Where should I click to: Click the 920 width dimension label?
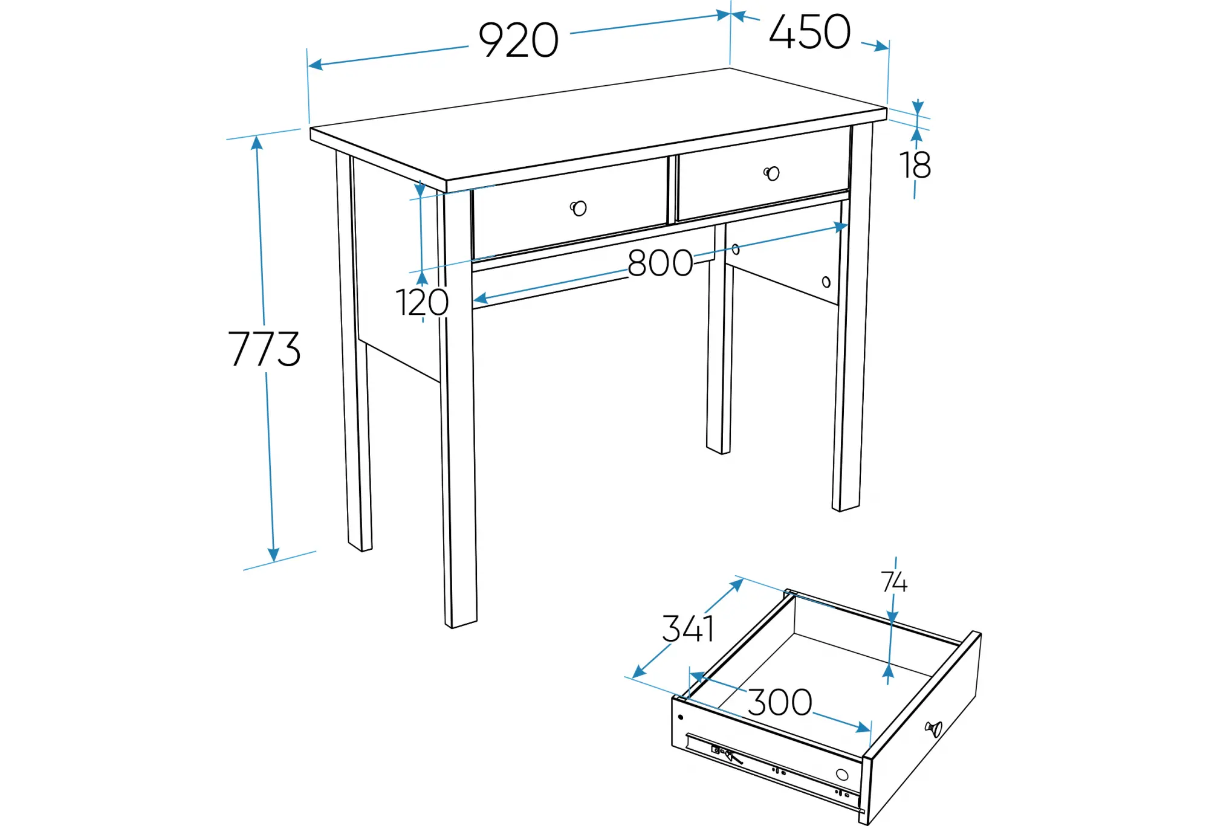click(519, 40)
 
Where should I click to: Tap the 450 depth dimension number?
click(810, 32)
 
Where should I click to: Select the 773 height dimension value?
click(264, 349)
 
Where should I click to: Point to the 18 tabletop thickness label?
click(915, 165)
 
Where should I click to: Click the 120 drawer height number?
click(422, 302)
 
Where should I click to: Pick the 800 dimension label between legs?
click(660, 263)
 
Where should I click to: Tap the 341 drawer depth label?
click(688, 628)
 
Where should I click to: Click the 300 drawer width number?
click(780, 702)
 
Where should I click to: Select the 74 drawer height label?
click(894, 582)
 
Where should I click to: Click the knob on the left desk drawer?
click(579, 208)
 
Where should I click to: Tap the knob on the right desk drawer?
click(771, 173)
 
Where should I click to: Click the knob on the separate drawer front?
click(934, 729)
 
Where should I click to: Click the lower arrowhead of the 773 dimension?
click(273, 555)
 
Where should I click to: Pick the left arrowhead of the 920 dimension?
click(315, 64)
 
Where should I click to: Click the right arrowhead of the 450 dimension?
click(882, 47)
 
